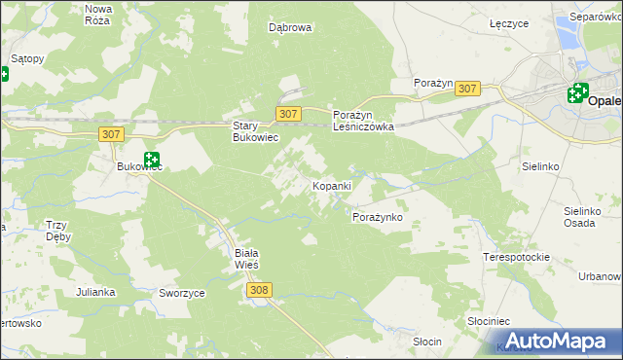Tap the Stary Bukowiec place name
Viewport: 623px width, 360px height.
pos(255,131)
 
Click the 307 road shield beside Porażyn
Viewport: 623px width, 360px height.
pos(467,89)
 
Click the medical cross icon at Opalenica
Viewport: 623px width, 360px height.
pos(578,94)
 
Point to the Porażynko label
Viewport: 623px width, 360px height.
pos(377,217)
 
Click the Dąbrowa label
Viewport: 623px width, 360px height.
pos(290,28)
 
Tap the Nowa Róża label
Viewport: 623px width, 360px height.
pos(99,14)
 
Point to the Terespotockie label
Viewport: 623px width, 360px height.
pos(516,258)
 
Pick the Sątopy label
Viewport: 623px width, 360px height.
pos(26,58)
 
